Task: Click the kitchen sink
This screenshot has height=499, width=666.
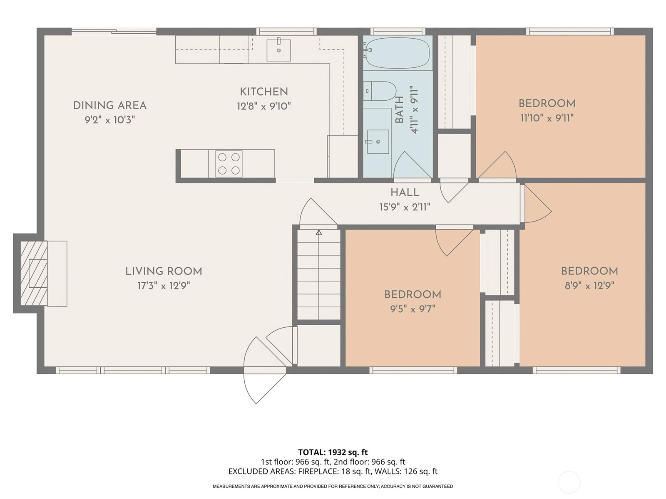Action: pos(278,50)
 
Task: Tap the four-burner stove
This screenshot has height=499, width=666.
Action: pos(229,163)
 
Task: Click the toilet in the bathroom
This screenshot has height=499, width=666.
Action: pos(380,91)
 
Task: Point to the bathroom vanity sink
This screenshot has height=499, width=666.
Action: pos(378,142)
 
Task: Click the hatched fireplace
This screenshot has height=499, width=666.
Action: pos(34,273)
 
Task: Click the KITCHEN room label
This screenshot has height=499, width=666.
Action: pos(263,91)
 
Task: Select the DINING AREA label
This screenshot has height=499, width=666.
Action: pos(110,106)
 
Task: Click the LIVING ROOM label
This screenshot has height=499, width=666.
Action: pos(164,271)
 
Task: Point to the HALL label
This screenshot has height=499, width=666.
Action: pos(405,192)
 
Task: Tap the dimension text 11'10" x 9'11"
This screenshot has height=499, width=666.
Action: pos(547,118)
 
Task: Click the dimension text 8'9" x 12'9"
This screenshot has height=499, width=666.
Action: pos(589,286)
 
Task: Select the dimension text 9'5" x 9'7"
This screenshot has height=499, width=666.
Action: pos(413,309)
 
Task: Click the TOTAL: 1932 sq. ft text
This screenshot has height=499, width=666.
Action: pos(333,452)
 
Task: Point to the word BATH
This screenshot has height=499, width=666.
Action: pos(399,109)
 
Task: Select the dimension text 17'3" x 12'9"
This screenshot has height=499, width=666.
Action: pos(164,286)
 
